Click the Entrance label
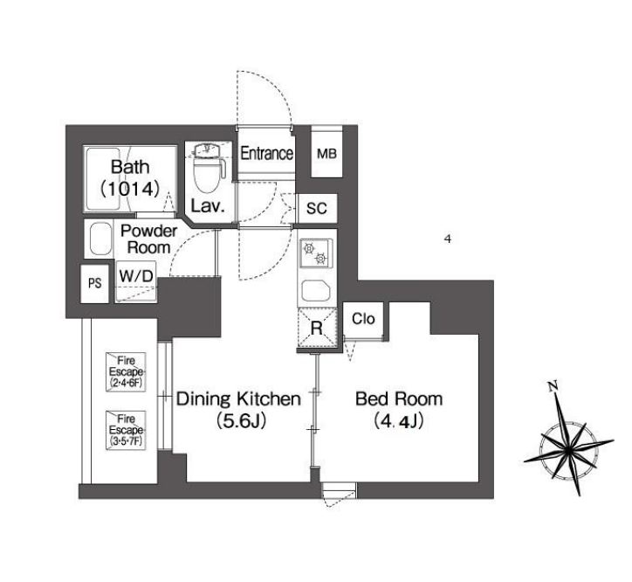tap(266, 154)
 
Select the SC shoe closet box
tap(317, 208)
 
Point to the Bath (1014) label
tap(130, 177)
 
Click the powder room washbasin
tap(100, 239)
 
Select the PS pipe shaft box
tap(95, 284)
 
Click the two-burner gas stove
tap(315, 253)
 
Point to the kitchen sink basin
tap(316, 291)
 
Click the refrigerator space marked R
tap(316, 328)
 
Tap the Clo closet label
tap(363, 319)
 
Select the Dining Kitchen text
tap(239, 398)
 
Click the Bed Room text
tap(399, 398)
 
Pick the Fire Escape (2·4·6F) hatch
tap(126, 371)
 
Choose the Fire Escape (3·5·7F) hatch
tap(126, 430)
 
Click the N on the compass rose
tap(553, 386)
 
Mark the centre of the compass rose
tap(567, 449)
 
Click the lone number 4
tap(448, 239)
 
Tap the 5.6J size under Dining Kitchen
tap(240, 421)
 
